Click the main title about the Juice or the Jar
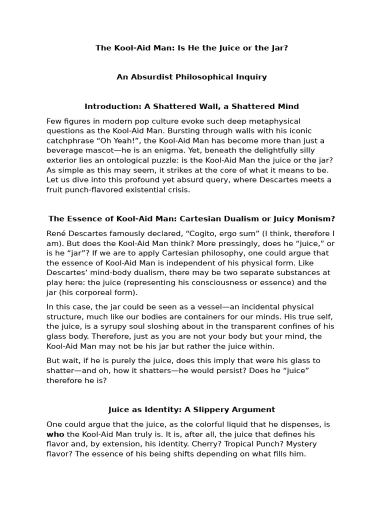click(x=191, y=48)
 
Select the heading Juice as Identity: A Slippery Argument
click(x=191, y=409)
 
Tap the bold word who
click(x=55, y=434)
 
